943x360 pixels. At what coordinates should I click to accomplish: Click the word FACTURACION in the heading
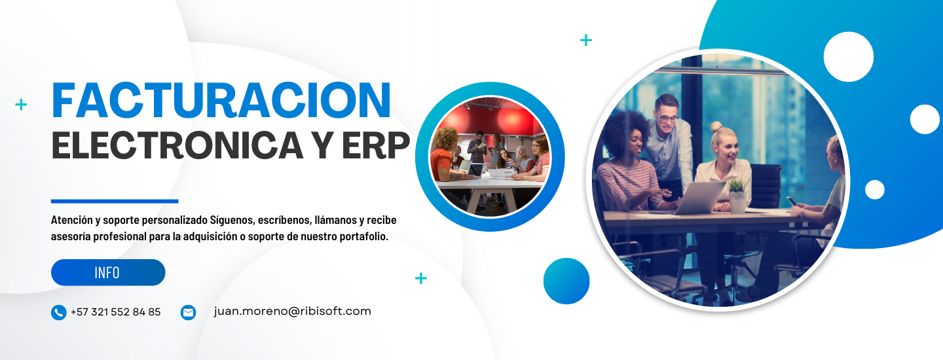click(x=221, y=100)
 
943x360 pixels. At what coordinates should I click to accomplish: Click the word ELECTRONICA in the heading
click(x=177, y=145)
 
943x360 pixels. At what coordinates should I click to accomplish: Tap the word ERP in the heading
click(x=376, y=145)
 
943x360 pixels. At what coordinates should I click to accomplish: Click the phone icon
click(x=58, y=312)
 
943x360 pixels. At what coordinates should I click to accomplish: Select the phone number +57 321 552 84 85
click(x=116, y=312)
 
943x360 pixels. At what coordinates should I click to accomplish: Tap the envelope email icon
click(x=188, y=312)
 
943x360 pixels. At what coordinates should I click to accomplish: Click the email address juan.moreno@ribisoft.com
click(x=293, y=311)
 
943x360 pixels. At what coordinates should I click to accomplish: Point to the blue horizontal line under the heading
click(x=115, y=202)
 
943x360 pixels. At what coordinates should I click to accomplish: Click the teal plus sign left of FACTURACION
click(x=21, y=104)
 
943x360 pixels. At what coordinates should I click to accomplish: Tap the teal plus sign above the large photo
click(x=586, y=41)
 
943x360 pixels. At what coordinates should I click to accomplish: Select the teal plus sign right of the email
click(x=421, y=278)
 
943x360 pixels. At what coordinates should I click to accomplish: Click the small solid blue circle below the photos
click(x=566, y=281)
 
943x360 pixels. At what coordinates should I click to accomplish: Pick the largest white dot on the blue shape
click(x=848, y=57)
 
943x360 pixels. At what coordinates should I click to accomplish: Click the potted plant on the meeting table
click(x=737, y=196)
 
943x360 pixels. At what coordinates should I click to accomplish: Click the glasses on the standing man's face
click(x=669, y=119)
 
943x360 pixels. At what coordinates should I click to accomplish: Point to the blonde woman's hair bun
click(x=716, y=126)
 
